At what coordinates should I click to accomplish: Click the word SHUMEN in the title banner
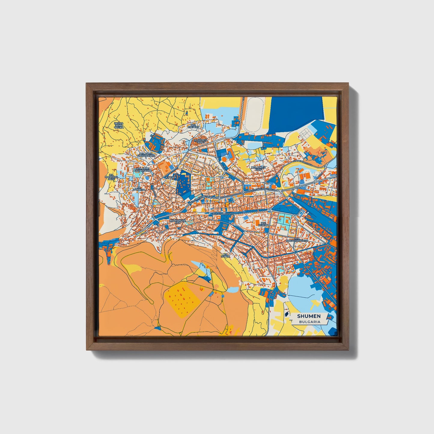309,316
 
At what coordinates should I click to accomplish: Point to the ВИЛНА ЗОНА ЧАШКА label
119,125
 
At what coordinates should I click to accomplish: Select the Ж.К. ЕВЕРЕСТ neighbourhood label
193,126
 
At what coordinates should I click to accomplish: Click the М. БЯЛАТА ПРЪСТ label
201,141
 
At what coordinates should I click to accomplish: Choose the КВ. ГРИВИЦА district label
139,189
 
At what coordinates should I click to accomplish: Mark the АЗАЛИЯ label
170,177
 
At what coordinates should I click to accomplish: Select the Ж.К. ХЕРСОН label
263,224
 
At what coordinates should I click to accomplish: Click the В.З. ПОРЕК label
225,256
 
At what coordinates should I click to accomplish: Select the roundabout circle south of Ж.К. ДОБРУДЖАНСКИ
296,252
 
